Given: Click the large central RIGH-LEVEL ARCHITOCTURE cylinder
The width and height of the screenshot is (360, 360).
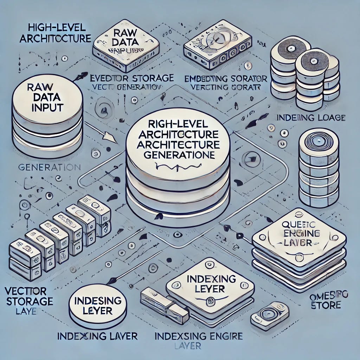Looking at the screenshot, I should point(178,169).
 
